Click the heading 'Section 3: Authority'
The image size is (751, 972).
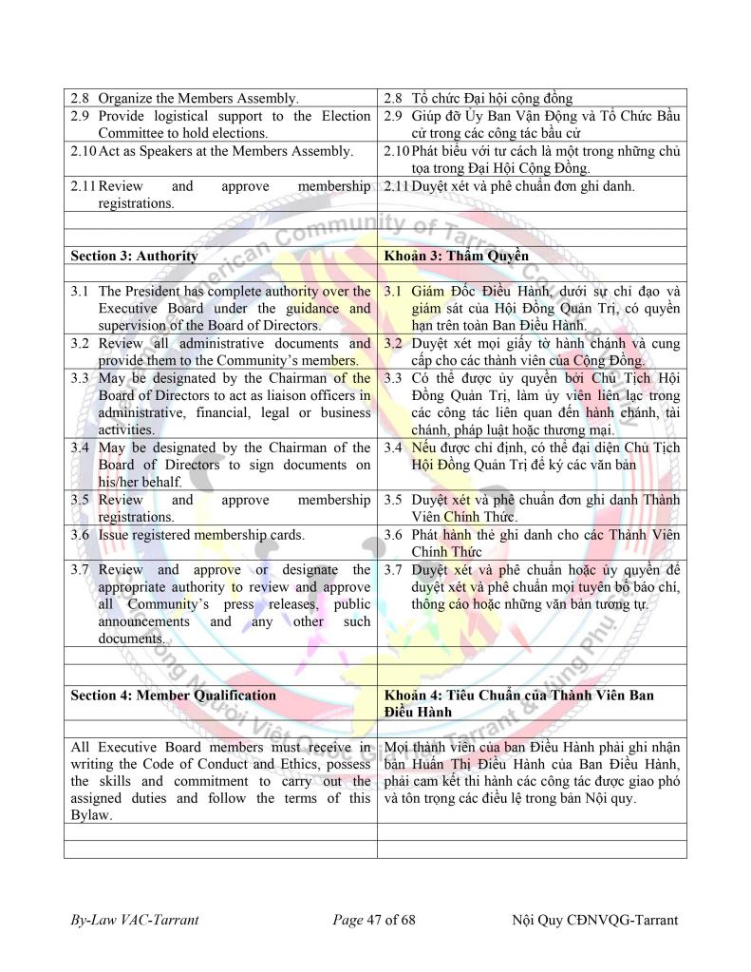[134, 256]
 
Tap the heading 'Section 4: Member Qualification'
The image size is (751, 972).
[173, 695]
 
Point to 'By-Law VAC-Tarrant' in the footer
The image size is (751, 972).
[134, 920]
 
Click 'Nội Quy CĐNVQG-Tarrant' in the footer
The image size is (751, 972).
[595, 920]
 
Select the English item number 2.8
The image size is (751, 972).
[82, 98]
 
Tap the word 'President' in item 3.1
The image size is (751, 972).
[162, 291]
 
